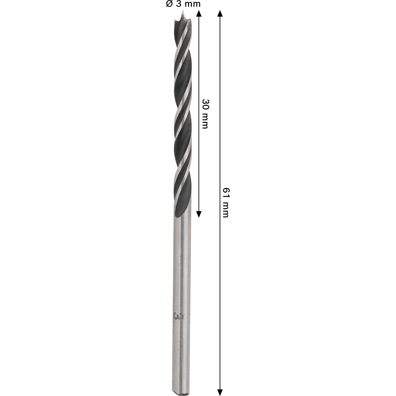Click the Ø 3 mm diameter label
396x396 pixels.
(x=183, y=4)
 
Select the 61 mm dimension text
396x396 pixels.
(x=226, y=203)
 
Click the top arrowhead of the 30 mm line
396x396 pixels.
(x=199, y=14)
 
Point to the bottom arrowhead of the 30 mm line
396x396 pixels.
(x=199, y=214)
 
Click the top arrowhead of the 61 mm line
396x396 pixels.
(x=220, y=14)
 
